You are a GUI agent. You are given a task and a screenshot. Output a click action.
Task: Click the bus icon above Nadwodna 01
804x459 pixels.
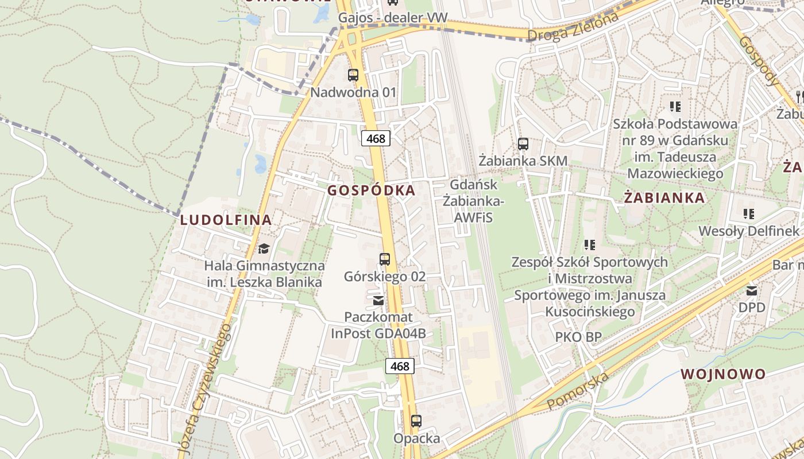tap(353, 75)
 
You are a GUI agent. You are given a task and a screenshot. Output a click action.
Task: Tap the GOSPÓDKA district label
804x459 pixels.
tap(371, 190)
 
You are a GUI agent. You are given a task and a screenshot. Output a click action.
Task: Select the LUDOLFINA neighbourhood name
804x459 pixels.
tap(226, 220)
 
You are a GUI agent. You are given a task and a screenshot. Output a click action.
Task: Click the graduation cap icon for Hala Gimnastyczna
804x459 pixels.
tap(264, 248)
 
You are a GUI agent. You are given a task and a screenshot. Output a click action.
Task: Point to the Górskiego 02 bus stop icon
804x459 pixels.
tap(385, 259)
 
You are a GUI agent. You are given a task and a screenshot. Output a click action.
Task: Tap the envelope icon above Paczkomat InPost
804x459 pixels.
tap(378, 300)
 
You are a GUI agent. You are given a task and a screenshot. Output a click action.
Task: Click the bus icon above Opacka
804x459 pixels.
tap(416, 421)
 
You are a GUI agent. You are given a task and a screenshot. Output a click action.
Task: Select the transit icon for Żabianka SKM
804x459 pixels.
tap(523, 143)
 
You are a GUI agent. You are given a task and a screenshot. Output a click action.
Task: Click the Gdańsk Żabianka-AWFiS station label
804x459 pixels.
tap(474, 201)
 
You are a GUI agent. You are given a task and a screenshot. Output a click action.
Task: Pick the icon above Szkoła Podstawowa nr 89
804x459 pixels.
tap(675, 106)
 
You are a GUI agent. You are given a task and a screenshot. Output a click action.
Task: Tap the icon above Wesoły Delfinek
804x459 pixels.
tap(748, 214)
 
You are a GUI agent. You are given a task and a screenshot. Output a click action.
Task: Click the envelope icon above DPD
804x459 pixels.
tap(752, 290)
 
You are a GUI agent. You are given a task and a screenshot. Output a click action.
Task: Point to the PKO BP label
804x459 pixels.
tap(578, 337)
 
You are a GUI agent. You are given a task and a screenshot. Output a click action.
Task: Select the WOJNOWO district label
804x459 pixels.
tap(723, 375)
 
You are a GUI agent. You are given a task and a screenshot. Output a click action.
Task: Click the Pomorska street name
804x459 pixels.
tap(577, 392)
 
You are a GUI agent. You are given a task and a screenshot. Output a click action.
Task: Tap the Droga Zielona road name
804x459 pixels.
tap(573, 27)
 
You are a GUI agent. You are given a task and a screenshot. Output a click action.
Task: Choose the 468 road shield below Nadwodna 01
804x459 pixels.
tap(376, 138)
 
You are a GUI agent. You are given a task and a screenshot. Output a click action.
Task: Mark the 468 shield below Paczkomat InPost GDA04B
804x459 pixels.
tap(400, 366)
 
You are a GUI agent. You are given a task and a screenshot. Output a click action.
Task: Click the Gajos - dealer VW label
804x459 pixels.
tap(392, 18)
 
